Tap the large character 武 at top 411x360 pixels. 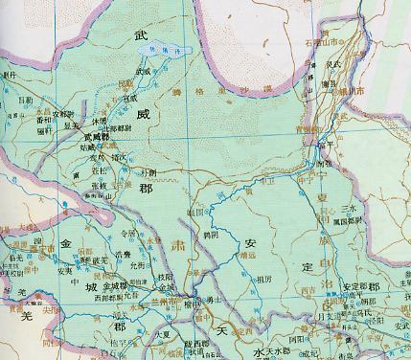point(142,34)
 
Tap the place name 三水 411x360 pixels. point(349,208)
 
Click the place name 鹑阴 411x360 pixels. point(200,233)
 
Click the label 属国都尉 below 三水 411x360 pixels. point(353,219)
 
